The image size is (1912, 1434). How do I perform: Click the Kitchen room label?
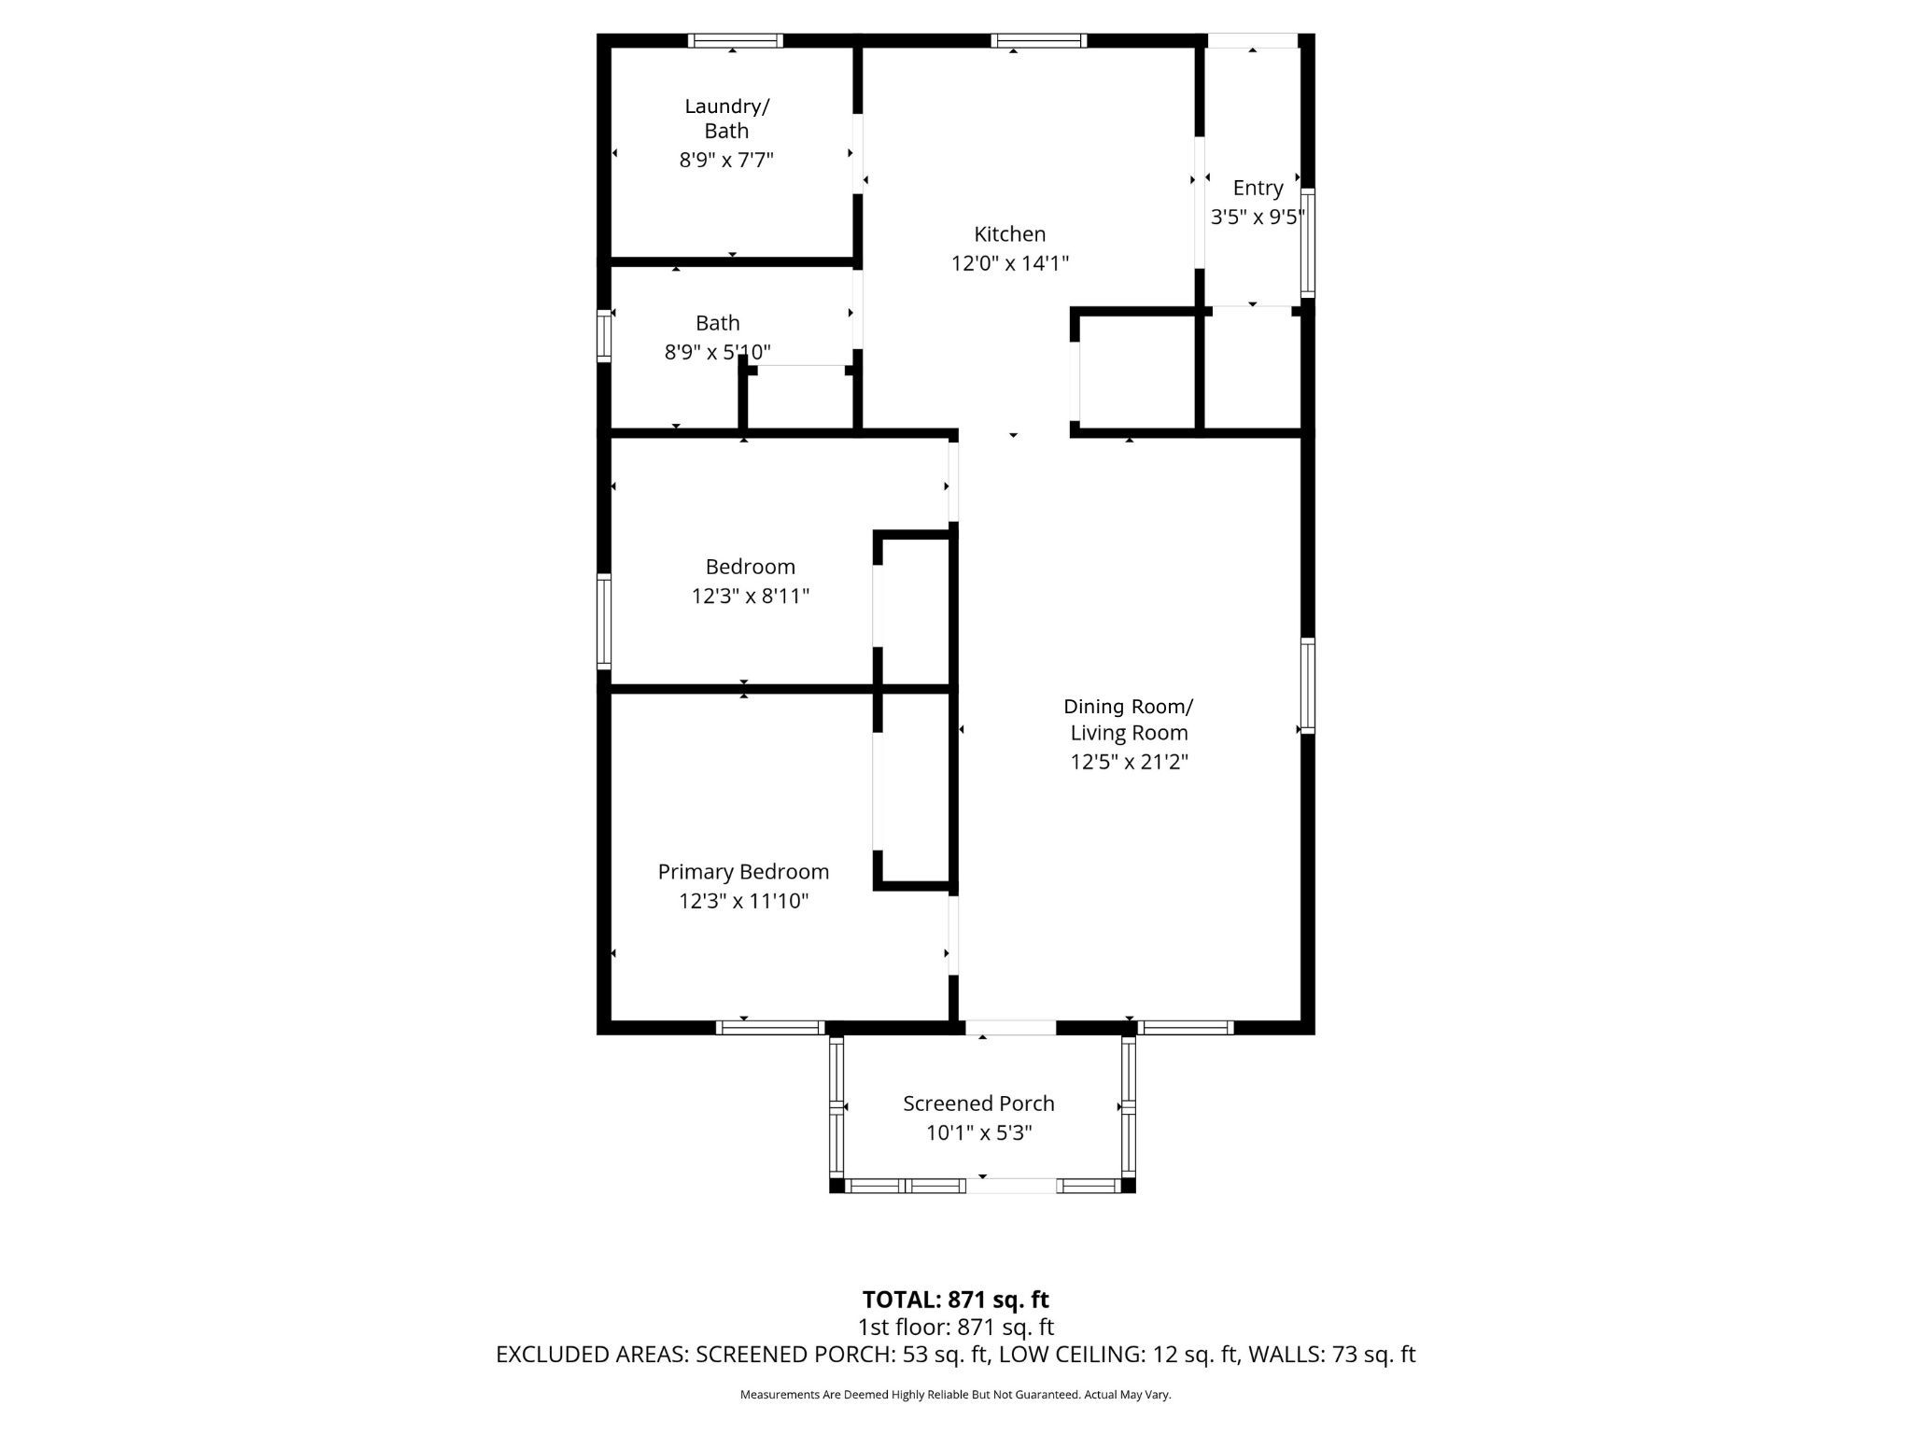[x=1010, y=234]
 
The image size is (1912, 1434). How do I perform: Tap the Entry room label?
[x=1258, y=189]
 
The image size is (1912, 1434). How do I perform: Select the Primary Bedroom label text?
[x=743, y=872]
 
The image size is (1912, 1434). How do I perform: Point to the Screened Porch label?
[x=978, y=1104]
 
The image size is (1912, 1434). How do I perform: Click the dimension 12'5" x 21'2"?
[x=1129, y=762]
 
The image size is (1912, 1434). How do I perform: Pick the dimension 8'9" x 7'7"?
[x=726, y=160]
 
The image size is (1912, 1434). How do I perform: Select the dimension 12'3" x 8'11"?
[x=750, y=596]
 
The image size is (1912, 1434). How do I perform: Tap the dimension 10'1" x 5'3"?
[x=978, y=1133]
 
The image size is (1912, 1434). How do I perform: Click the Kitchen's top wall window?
[x=1039, y=40]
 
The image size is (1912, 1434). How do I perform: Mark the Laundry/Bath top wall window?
[x=736, y=40]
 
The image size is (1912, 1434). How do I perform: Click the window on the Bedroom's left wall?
[x=604, y=622]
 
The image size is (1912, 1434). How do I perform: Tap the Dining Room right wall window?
[x=1308, y=685]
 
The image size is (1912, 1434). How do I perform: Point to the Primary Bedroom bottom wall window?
[x=770, y=1028]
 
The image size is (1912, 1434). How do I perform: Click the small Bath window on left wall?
[x=604, y=335]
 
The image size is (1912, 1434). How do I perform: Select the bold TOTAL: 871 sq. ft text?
[x=955, y=1300]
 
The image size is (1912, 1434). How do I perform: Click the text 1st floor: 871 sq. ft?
[x=955, y=1327]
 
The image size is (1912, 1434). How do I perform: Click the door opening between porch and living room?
[x=1010, y=1028]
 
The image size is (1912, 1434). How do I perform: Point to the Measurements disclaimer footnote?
[x=955, y=1395]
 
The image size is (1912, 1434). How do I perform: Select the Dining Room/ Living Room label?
[x=1129, y=720]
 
